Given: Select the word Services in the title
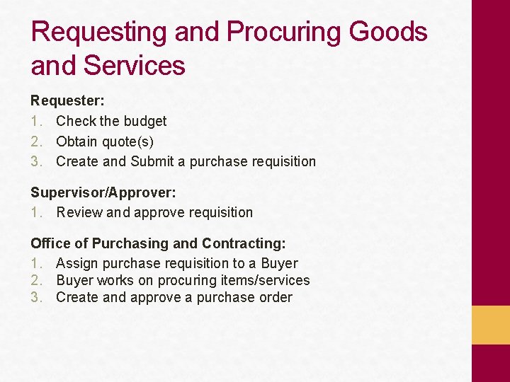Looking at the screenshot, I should (x=135, y=66).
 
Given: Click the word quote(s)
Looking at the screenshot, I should (x=127, y=141).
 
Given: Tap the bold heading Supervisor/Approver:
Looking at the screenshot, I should (x=103, y=192).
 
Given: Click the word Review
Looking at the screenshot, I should (x=79, y=212).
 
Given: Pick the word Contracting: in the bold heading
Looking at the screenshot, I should (x=244, y=243).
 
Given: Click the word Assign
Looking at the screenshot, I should (x=77, y=263).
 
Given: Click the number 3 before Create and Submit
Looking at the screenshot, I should (x=35, y=161).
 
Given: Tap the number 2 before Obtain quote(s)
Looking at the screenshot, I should (x=35, y=141).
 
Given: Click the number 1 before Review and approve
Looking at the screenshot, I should (x=35, y=212).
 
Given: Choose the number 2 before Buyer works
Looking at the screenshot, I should (x=35, y=280).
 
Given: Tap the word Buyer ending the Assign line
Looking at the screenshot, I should (x=279, y=263).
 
